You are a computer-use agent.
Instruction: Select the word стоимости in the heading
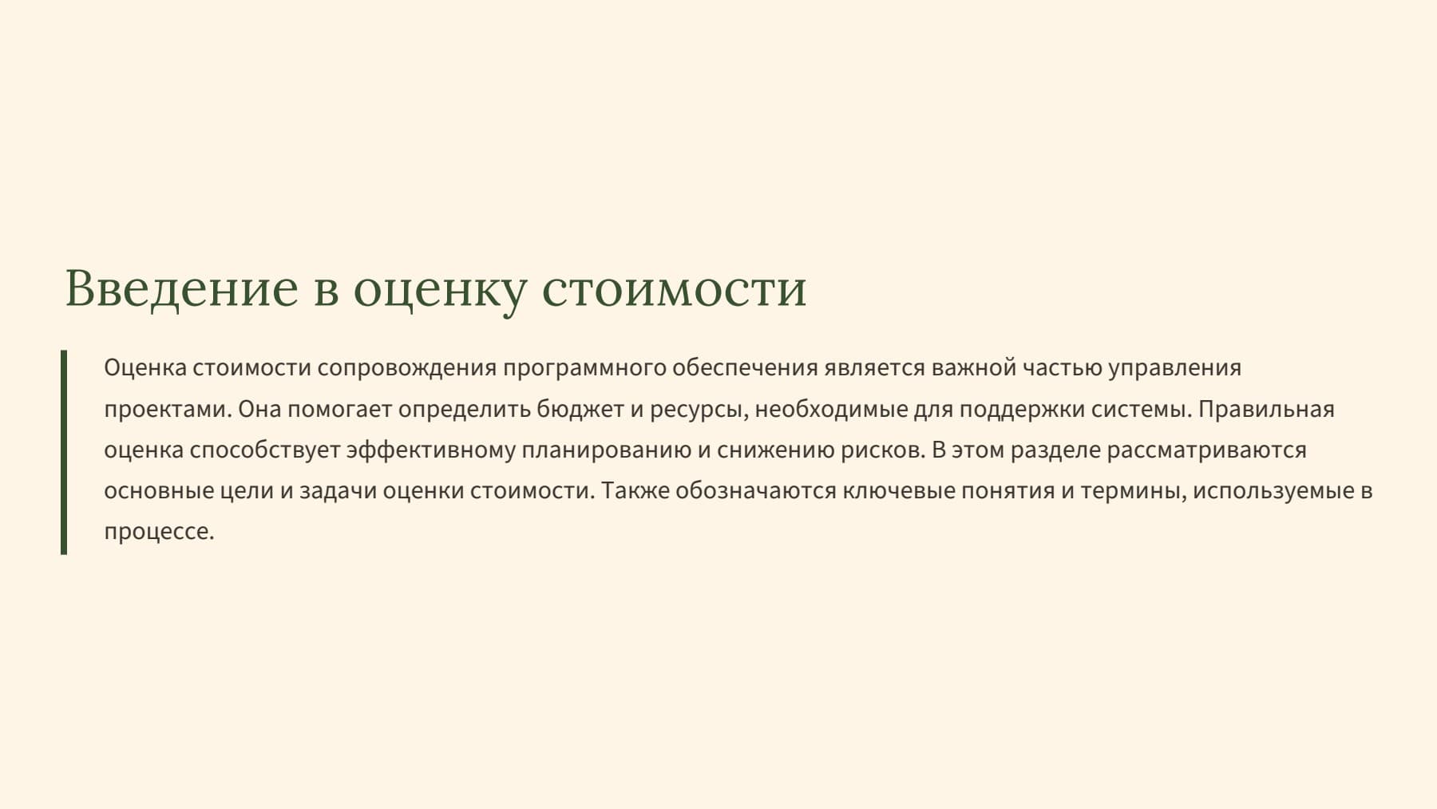click(675, 289)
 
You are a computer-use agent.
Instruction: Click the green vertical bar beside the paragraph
click(64, 452)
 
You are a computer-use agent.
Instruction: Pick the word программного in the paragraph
click(585, 368)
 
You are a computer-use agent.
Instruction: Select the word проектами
click(168, 410)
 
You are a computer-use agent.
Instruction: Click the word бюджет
click(580, 410)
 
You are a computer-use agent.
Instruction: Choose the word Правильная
click(1266, 410)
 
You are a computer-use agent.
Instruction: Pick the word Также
click(635, 490)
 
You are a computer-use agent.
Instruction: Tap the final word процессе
click(159, 532)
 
